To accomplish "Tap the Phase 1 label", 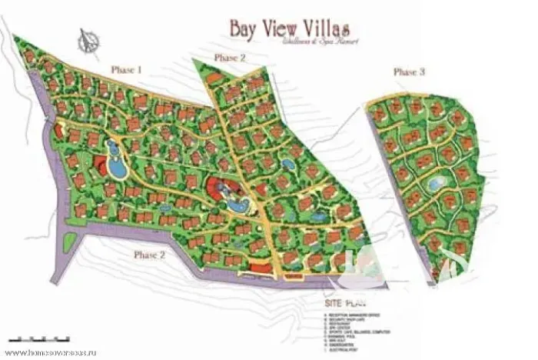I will coord(127,69).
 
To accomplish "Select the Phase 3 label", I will coord(409,72).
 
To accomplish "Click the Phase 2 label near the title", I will coord(230,58).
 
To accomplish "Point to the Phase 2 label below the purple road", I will coord(150,255).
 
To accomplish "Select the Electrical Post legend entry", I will coord(346,352).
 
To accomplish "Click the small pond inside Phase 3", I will coord(434,183).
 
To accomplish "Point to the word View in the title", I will coord(284,28).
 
